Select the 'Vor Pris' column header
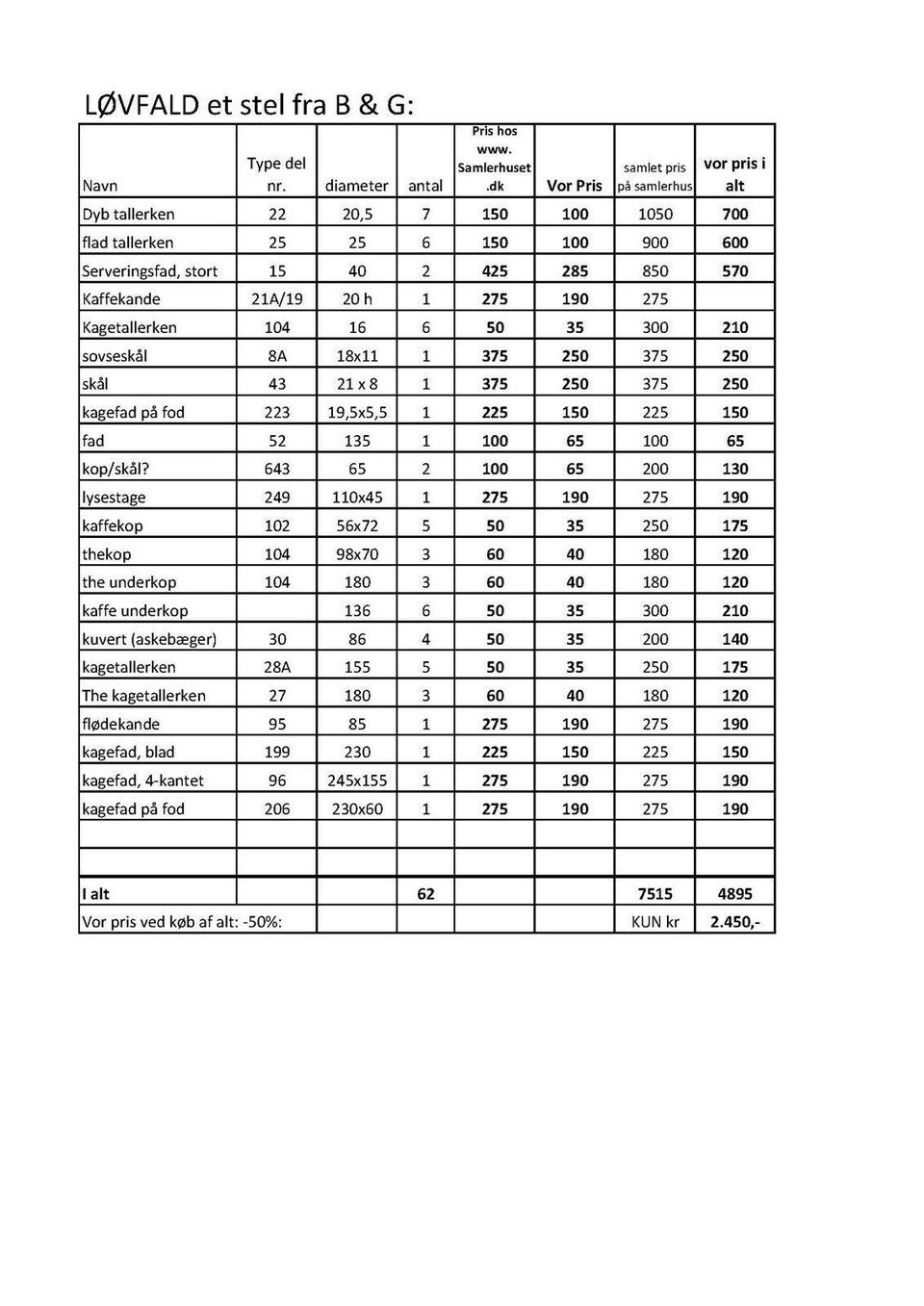click(575, 186)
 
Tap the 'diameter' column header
click(357, 186)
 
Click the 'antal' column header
click(425, 186)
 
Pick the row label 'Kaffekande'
click(121, 299)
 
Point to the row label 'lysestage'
click(114, 498)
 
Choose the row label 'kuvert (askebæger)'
click(149, 639)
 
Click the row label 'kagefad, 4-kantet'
click(142, 781)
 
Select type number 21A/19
click(277, 299)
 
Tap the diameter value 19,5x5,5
click(357, 412)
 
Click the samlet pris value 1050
click(655, 214)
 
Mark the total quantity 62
click(425, 894)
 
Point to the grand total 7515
click(655, 894)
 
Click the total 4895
click(735, 894)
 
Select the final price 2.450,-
click(735, 922)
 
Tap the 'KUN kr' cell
click(655, 922)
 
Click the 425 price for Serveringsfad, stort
click(495, 271)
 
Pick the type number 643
click(277, 469)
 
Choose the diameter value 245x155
click(357, 781)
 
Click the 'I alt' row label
click(95, 894)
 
